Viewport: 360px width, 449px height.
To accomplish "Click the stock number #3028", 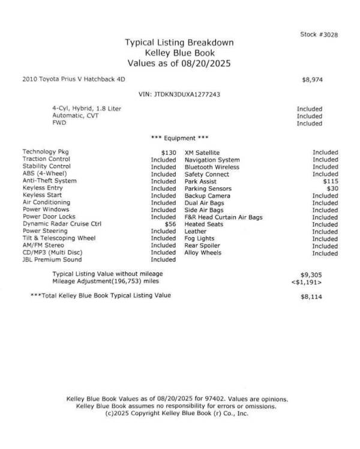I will tap(319, 34).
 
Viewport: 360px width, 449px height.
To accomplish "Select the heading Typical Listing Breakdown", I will tap(179, 43).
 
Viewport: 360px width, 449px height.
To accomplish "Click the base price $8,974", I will tap(312, 79).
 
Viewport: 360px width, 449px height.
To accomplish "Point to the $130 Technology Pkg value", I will tap(168, 153).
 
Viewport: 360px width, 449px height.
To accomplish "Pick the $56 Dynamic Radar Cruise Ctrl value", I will tap(170, 224).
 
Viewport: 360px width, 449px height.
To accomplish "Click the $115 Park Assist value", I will tap(330, 181).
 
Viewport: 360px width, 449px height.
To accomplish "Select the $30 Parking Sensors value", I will tap(332, 188).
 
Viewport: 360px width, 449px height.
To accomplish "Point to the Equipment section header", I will tap(179, 138).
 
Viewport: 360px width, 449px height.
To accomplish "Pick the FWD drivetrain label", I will tap(59, 122).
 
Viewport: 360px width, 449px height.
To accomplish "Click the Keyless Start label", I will tap(43, 196).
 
